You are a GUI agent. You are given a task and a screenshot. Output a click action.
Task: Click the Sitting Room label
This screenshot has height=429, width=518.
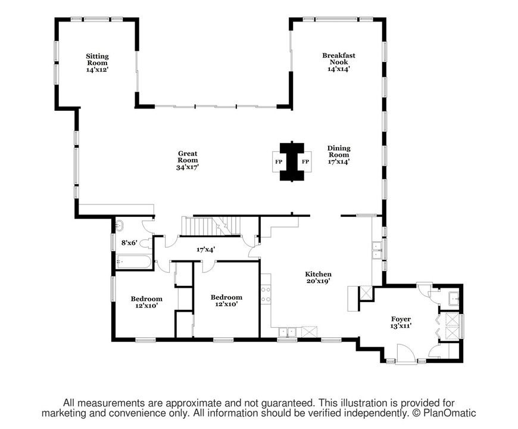point(97,60)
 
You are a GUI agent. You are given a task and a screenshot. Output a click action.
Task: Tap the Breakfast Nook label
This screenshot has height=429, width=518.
point(339,58)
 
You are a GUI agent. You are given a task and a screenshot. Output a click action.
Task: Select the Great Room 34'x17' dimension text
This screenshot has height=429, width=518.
point(188,167)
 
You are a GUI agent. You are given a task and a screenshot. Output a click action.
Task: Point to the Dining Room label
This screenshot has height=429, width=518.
point(339,151)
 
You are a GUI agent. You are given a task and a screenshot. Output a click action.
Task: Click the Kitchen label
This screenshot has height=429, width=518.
point(318,274)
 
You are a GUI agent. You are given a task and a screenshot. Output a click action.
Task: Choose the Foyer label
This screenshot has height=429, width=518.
point(401,319)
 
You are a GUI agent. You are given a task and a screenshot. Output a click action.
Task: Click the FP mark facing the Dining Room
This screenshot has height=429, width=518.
point(305,161)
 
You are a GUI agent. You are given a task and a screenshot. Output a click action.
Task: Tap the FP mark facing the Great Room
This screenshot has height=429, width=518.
point(279,161)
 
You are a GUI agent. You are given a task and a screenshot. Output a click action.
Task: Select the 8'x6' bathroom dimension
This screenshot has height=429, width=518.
point(129,243)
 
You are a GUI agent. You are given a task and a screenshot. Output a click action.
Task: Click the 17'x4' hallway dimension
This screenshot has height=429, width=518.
point(206,250)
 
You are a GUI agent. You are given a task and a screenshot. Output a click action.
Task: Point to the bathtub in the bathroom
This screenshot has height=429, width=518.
point(133,262)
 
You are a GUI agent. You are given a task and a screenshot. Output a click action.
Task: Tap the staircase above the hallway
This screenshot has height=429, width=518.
point(211,226)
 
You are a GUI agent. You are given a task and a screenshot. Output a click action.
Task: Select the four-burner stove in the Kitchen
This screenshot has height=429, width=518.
point(266,295)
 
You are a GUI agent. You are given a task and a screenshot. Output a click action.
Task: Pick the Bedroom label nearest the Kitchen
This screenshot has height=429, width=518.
point(226,297)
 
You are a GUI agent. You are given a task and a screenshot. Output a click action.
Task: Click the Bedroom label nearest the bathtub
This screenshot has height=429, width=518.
point(146,299)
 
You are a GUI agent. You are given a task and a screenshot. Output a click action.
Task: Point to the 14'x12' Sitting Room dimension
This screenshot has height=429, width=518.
point(97,70)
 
